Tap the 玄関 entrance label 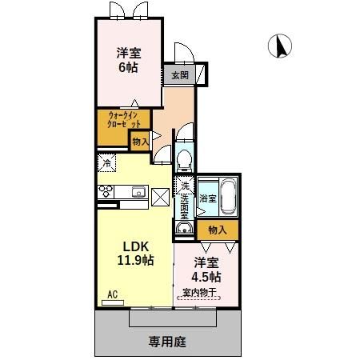point(179,76)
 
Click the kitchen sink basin point(138,191)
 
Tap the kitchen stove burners point(106,191)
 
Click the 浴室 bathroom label point(207,197)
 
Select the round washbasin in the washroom point(184,227)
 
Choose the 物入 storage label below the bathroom point(217,230)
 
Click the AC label point(112,294)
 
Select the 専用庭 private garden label point(167,342)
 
